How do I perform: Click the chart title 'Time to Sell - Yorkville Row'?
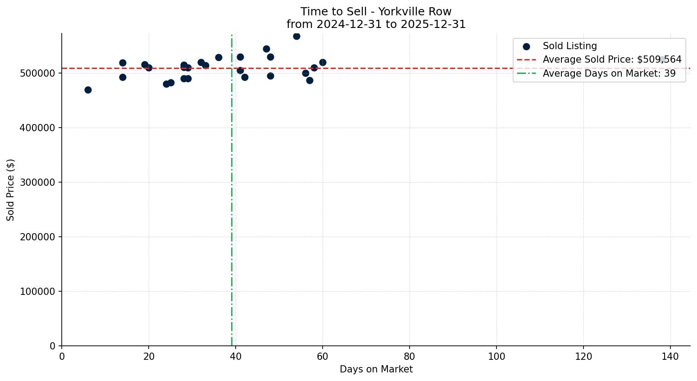point(376,12)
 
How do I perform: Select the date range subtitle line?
point(376,24)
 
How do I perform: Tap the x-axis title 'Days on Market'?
point(376,369)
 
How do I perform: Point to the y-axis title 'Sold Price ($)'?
point(11,190)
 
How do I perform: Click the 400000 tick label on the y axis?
point(38,128)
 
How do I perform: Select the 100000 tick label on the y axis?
point(38,292)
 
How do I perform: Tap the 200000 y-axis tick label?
point(38,237)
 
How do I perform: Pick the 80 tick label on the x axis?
point(410,356)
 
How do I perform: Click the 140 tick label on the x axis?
point(670,356)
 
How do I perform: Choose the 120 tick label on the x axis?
point(583,356)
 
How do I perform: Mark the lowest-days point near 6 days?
point(88,90)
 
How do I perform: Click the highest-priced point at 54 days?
point(296,36)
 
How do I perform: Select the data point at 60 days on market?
point(323,62)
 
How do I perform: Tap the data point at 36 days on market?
point(219,57)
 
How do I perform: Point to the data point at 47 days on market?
point(266,49)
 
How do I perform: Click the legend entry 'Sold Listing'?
point(569,46)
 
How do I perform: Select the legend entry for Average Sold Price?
point(612,60)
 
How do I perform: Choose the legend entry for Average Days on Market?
point(609,73)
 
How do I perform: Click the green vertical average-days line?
point(232,203)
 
